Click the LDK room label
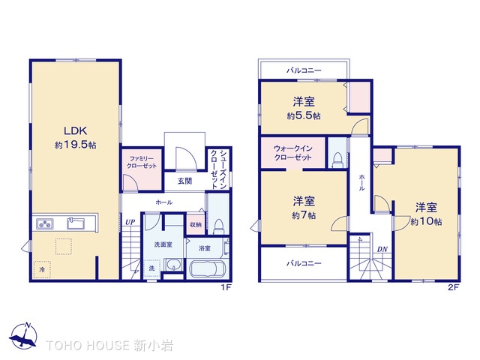[75, 131]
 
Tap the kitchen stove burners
[45, 223]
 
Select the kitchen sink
[76, 223]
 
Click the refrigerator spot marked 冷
[42, 270]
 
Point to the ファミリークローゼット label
[142, 162]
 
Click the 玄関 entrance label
[184, 181]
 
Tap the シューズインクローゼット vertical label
[218, 169]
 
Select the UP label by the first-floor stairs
[130, 222]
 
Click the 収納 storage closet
[196, 224]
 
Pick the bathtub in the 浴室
[208, 268]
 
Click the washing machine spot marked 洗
[151, 268]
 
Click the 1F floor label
[226, 287]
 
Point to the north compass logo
[23, 335]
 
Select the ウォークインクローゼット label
[292, 153]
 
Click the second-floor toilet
[337, 160]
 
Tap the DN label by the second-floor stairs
[382, 250]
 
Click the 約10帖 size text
[426, 221]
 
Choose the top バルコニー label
[304, 70]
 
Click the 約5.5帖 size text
[304, 115]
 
